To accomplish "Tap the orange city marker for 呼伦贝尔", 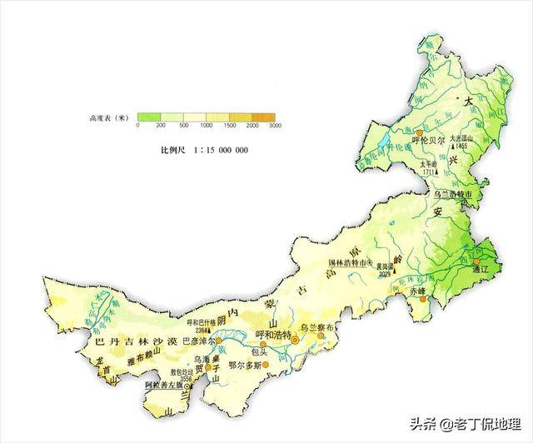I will [x=420, y=132].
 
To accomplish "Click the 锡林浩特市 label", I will [x=340, y=263].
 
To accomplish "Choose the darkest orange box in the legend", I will [x=264, y=117].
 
